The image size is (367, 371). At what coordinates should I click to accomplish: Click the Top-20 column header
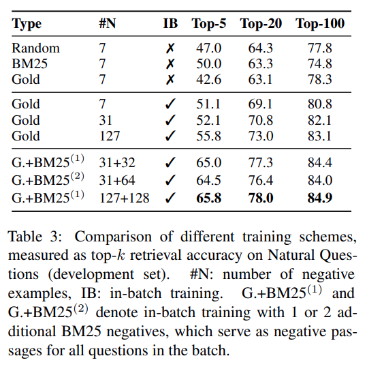261,24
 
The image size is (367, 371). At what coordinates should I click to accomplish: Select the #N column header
107,23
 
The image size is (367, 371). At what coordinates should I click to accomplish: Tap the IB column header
170,23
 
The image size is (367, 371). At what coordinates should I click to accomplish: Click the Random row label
35,48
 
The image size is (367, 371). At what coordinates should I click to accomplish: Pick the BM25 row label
29,63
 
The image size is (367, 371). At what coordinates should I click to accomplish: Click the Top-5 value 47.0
209,48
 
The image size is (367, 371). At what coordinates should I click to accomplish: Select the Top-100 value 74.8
320,63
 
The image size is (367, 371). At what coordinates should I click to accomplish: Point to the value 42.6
209,79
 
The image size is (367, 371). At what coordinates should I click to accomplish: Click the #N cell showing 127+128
125,198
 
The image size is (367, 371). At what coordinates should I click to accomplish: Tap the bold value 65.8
209,198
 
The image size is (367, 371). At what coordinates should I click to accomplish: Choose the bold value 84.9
320,198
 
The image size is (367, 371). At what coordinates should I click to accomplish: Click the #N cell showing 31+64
117,180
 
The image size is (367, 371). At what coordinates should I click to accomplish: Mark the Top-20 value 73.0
261,136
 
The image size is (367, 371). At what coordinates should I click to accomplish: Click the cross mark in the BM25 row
170,64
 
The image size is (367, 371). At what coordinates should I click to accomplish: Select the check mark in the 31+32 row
170,162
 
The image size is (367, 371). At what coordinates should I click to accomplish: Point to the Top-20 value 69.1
260,104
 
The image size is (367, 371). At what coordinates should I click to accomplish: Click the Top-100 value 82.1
319,120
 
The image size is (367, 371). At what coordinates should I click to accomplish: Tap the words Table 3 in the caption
35,237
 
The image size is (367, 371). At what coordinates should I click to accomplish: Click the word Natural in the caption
291,255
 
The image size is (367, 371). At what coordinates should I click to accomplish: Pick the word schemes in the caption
328,237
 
